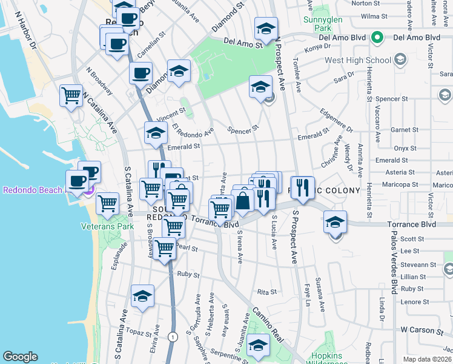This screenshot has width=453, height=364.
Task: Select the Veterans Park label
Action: point(107,226)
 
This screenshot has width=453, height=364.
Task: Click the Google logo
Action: point(20,357)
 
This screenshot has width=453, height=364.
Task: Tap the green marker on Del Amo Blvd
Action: point(377,38)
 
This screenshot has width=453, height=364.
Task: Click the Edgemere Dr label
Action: point(337,121)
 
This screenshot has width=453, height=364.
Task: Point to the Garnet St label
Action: point(401,130)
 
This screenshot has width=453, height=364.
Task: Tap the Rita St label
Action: point(266,292)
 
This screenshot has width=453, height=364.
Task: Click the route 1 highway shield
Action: point(173,336)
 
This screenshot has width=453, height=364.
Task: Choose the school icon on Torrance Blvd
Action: point(335,222)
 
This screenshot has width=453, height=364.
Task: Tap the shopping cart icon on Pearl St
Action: point(164,248)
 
